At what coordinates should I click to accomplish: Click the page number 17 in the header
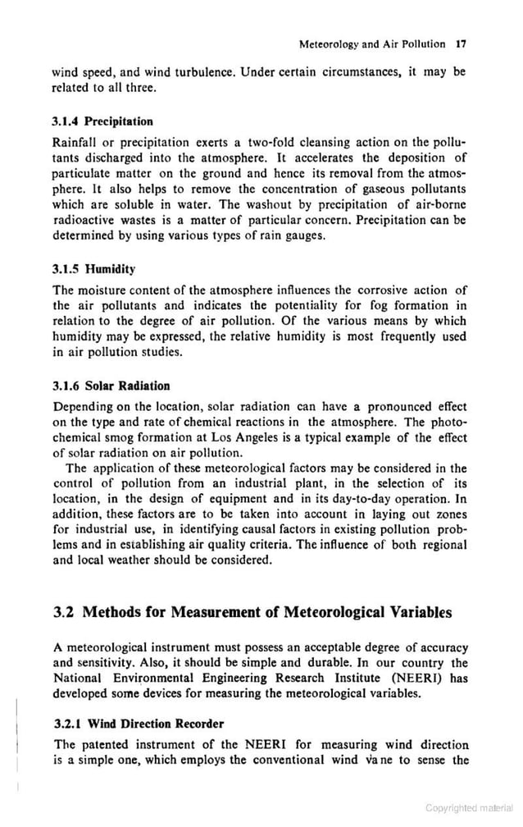tap(461, 43)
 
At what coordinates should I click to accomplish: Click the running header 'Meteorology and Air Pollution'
tap(372, 43)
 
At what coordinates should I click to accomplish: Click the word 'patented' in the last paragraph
tap(111, 745)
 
